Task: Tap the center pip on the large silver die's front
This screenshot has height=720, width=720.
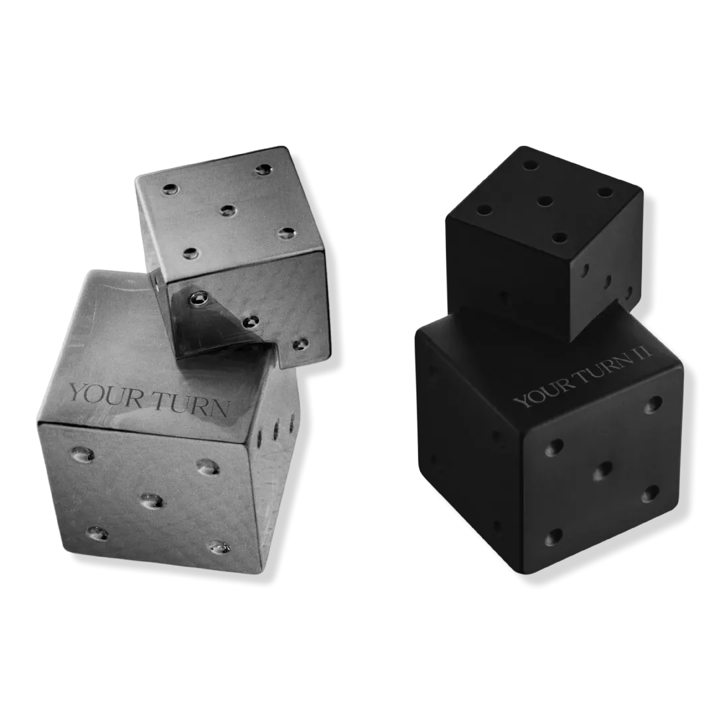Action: click(x=151, y=501)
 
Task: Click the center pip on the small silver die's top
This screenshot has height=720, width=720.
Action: click(x=228, y=211)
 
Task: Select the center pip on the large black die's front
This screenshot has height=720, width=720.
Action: click(x=603, y=471)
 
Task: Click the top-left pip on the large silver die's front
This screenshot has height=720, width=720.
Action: click(x=83, y=454)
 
